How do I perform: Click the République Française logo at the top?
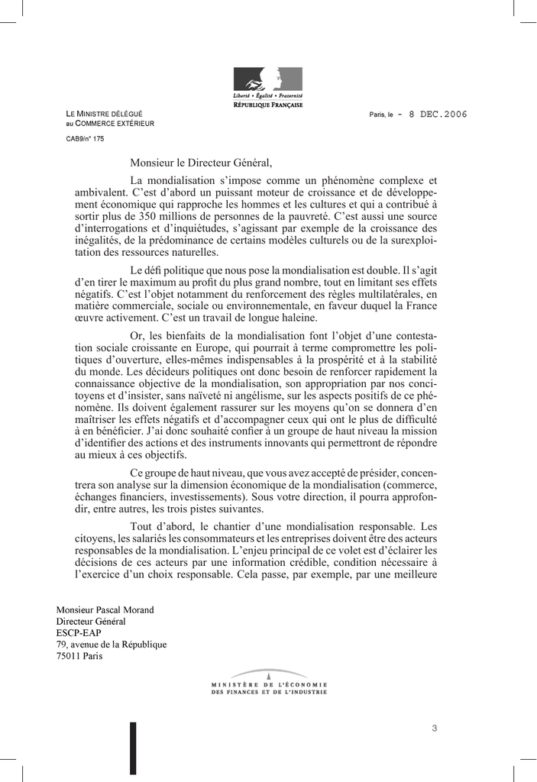[267, 86]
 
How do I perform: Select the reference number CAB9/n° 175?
[85, 139]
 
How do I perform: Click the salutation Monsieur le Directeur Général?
[200, 163]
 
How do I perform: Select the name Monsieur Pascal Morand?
[105, 610]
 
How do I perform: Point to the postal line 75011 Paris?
[79, 656]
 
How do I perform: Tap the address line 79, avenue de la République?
[112, 645]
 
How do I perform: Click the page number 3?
[434, 728]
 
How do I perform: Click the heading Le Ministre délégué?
[104, 114]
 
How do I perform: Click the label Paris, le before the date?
[380, 115]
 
